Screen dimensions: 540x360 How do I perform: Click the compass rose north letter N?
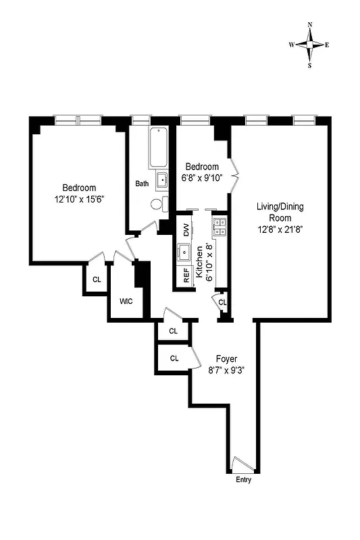(x=310, y=25)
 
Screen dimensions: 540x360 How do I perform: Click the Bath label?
(x=142, y=184)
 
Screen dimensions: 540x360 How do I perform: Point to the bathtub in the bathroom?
(x=160, y=147)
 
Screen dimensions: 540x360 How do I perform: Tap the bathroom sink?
(x=161, y=180)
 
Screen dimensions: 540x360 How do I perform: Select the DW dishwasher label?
(x=186, y=230)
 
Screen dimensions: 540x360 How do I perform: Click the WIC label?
(x=126, y=301)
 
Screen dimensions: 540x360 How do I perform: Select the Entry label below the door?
(x=244, y=480)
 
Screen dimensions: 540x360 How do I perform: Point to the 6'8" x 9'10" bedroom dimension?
(x=203, y=178)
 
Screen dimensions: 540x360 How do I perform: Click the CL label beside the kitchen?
(x=222, y=301)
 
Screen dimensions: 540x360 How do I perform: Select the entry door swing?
(x=239, y=464)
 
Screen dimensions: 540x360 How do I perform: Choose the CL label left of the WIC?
(x=97, y=279)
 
